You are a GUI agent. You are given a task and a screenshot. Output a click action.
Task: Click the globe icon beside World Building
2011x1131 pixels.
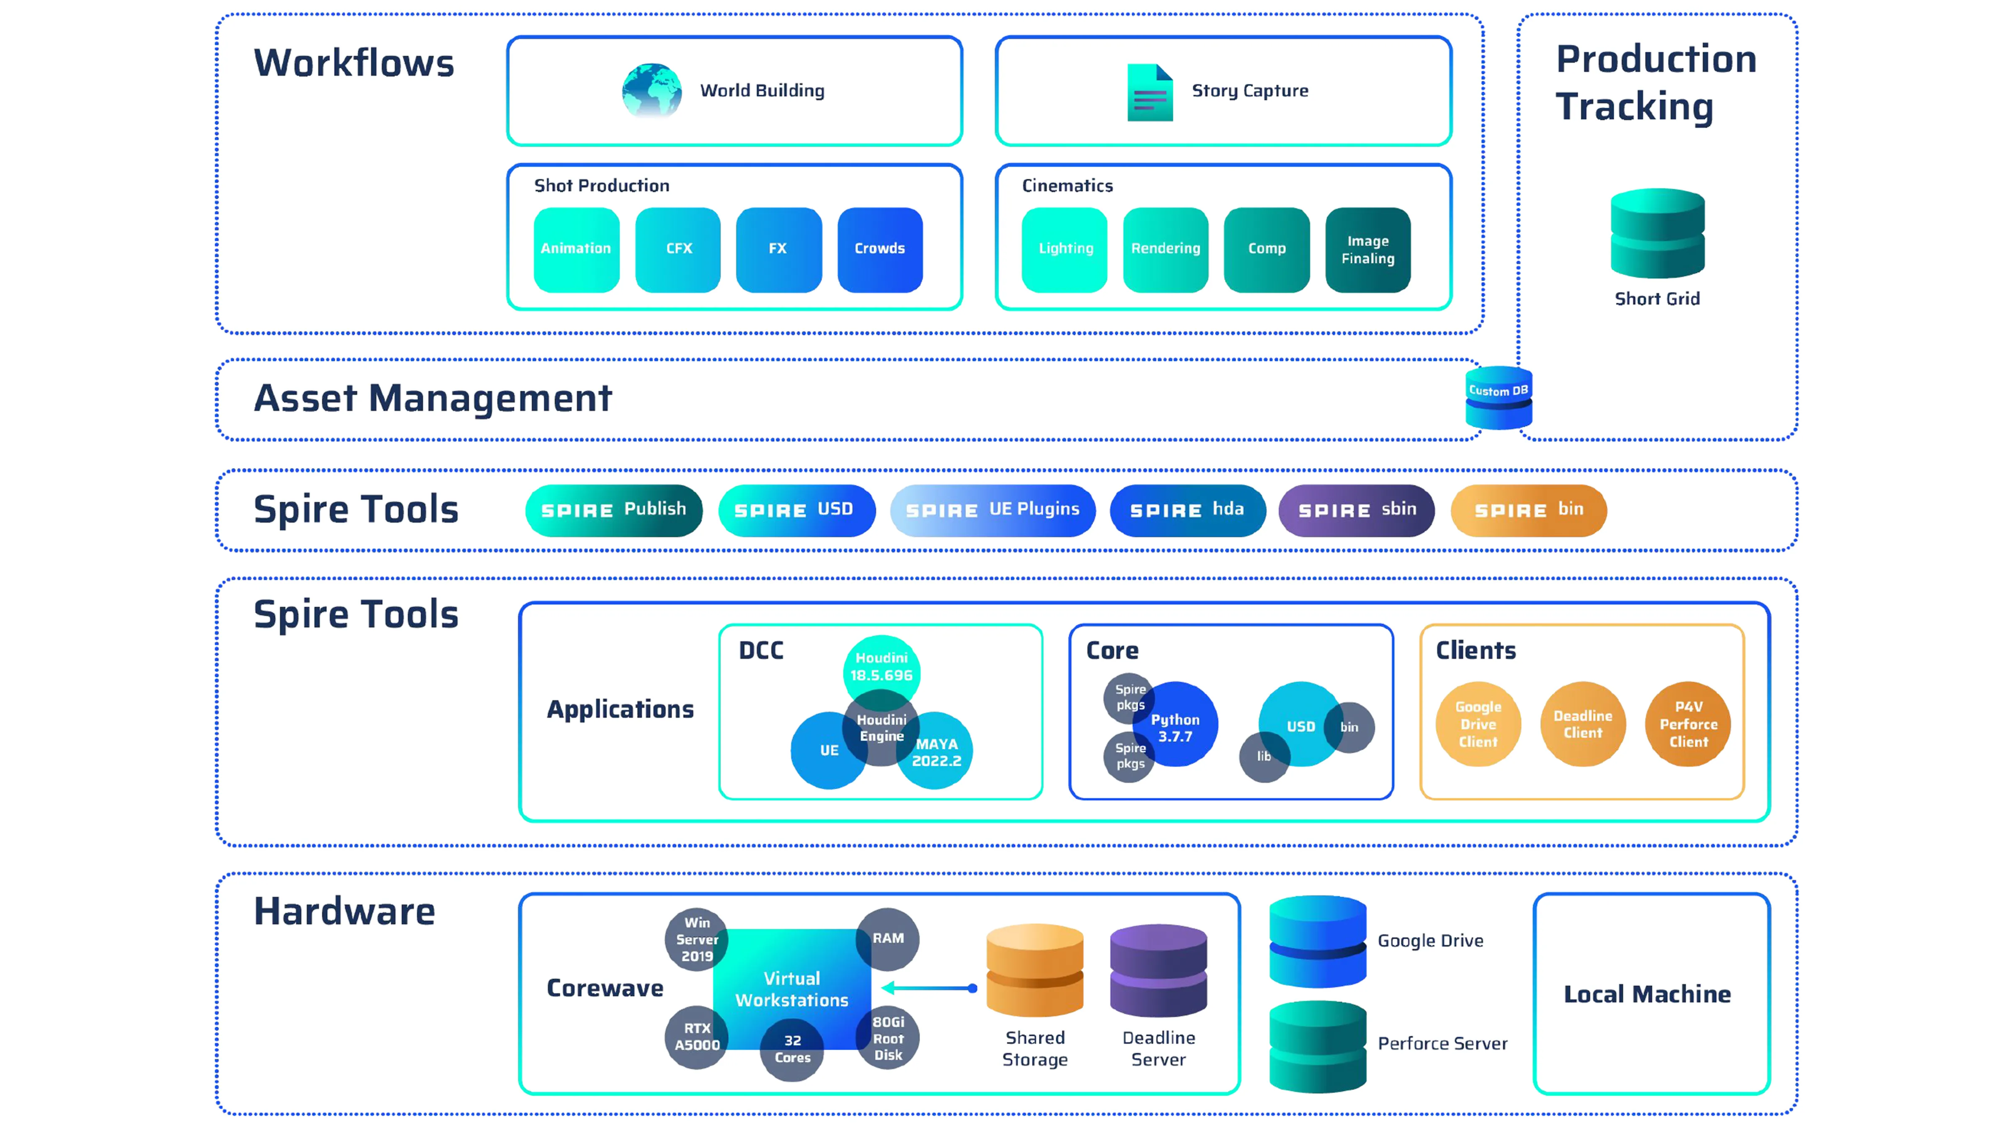pyautogui.click(x=651, y=90)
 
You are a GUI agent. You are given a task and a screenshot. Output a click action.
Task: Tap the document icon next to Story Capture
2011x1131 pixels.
pyautogui.click(x=1149, y=92)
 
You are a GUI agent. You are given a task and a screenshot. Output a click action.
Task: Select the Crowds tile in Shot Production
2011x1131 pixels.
pyautogui.click(x=880, y=249)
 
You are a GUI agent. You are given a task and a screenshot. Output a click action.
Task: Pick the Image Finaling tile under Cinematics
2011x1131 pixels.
pyautogui.click(x=1368, y=250)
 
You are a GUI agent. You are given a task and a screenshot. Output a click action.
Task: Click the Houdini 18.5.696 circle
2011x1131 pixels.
pyautogui.click(x=881, y=669)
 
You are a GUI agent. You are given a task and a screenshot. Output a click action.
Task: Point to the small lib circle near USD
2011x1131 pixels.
pyautogui.click(x=1263, y=757)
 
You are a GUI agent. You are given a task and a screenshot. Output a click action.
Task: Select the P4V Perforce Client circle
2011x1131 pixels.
pyautogui.click(x=1688, y=724)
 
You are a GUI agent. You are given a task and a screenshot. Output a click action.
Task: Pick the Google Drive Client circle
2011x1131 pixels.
pyautogui.click(x=1478, y=724)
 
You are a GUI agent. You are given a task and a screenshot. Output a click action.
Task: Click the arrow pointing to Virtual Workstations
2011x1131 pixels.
pyautogui.click(x=929, y=988)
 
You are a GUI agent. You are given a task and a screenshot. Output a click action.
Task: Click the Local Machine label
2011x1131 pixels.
pyautogui.click(x=1647, y=994)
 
